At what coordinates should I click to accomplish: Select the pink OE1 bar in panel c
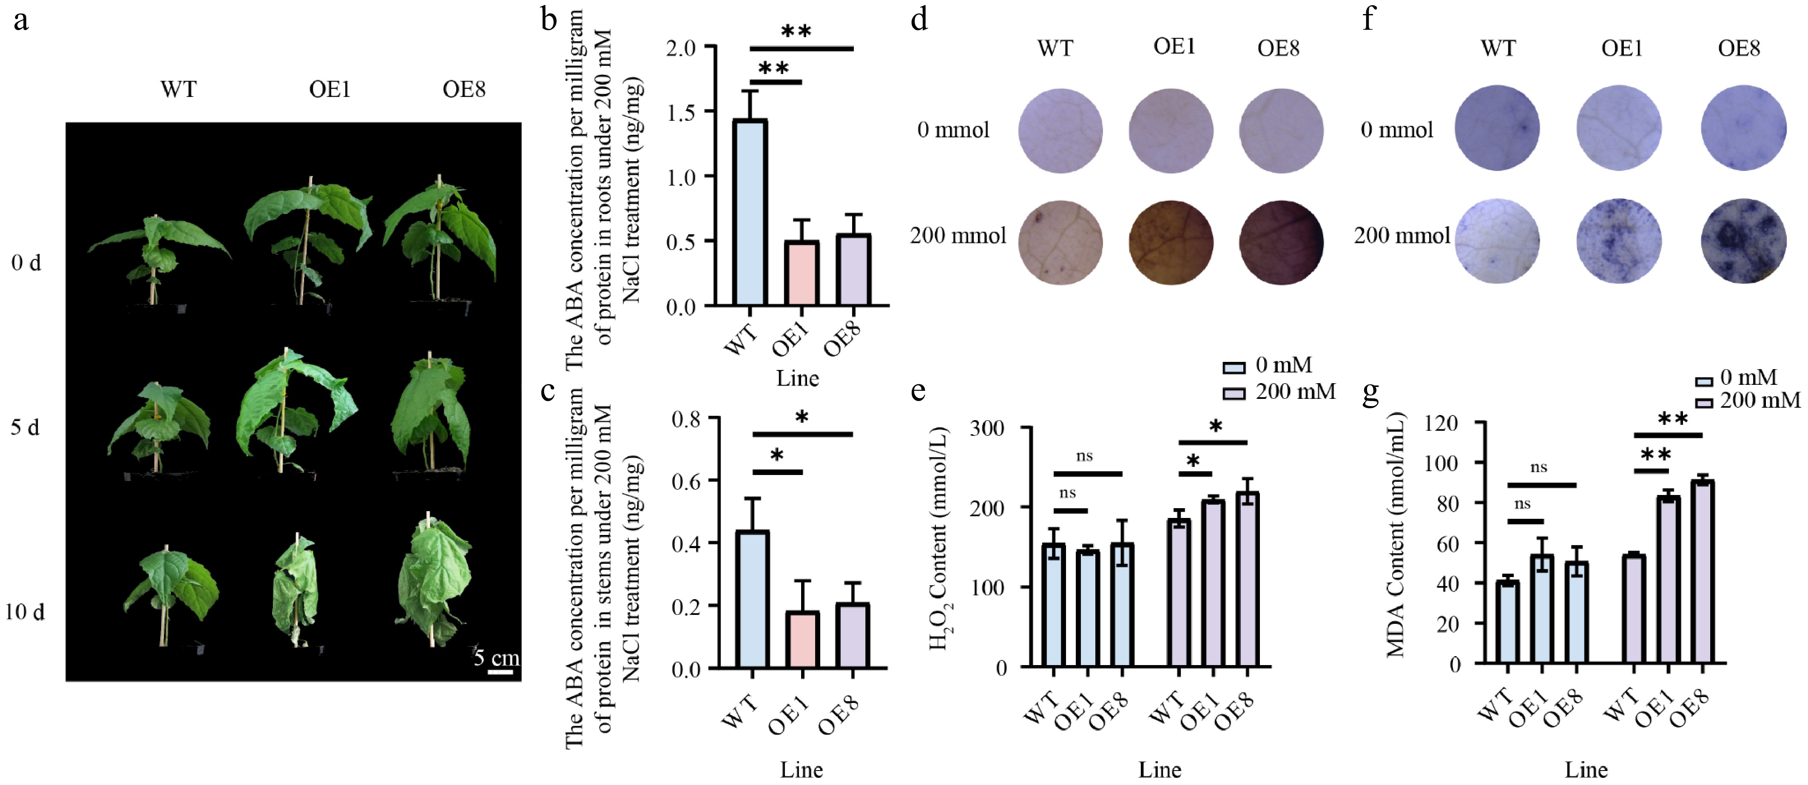[802, 640]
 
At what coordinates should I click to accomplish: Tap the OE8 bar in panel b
[853, 270]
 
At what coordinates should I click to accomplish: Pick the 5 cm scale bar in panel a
[500, 672]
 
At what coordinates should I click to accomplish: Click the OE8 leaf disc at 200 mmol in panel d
[1281, 242]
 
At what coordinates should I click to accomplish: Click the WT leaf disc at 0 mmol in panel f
[1497, 128]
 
